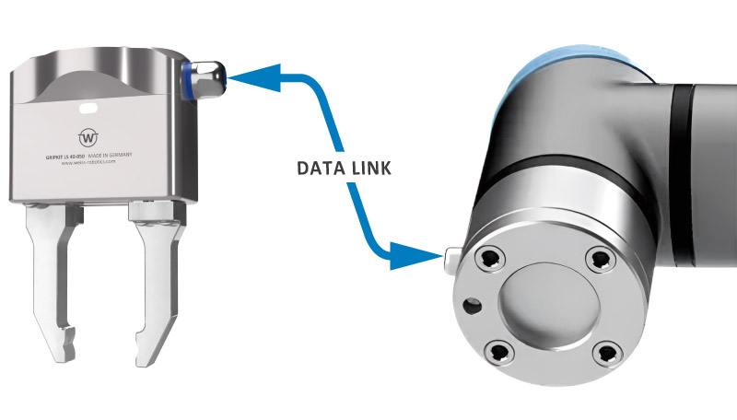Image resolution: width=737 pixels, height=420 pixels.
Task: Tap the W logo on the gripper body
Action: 89,137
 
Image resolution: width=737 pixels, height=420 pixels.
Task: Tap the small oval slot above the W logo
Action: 89,110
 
